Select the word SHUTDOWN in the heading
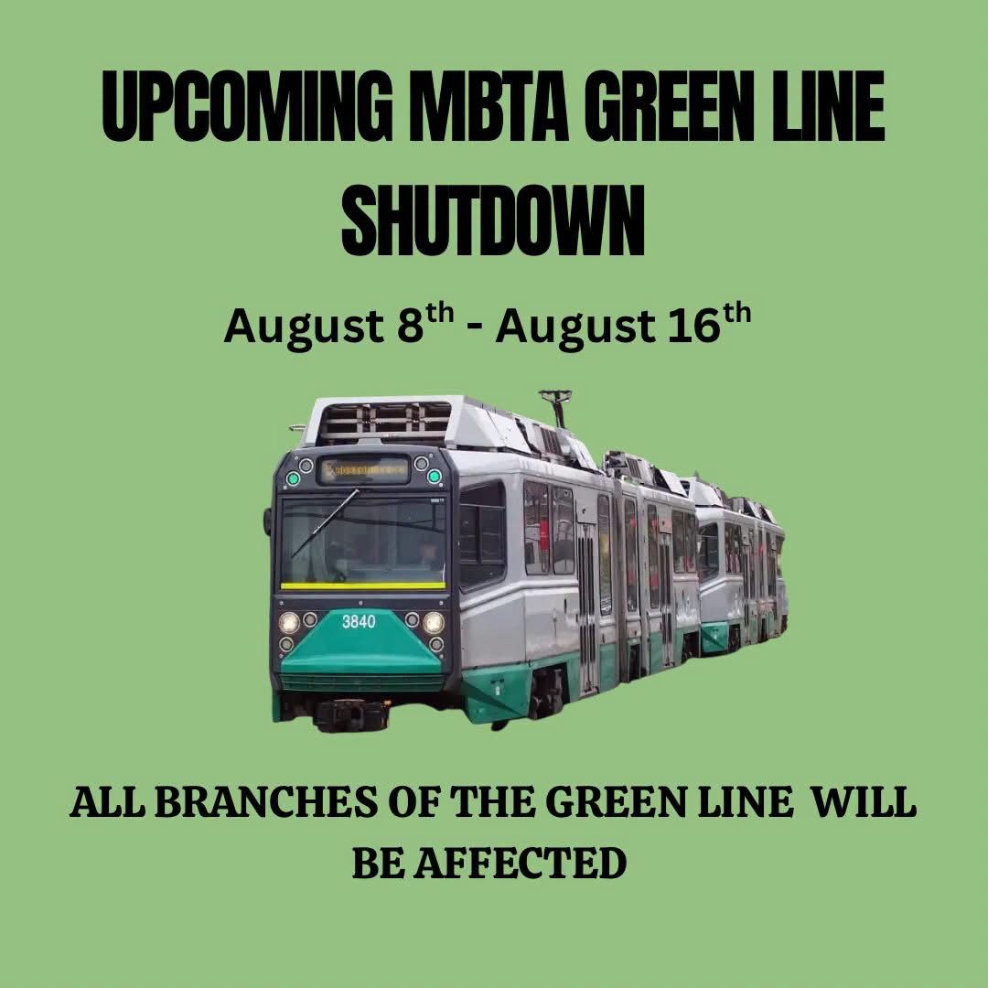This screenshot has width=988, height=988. click(x=493, y=220)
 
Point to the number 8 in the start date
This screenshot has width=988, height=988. click(x=410, y=326)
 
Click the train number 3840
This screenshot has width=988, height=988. click(x=359, y=622)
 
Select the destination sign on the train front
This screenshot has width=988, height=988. click(x=364, y=470)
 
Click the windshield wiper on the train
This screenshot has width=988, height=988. click(x=325, y=522)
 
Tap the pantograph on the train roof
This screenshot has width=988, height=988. click(x=556, y=407)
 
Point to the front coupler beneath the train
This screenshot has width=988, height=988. click(x=350, y=714)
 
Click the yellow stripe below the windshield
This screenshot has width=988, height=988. click(x=363, y=585)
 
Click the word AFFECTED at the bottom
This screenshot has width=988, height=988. click(x=520, y=864)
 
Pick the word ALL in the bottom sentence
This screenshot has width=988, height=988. click(x=107, y=803)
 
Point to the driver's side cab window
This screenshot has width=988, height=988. click(x=482, y=534)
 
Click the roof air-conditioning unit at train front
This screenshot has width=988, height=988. click(x=384, y=420)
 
